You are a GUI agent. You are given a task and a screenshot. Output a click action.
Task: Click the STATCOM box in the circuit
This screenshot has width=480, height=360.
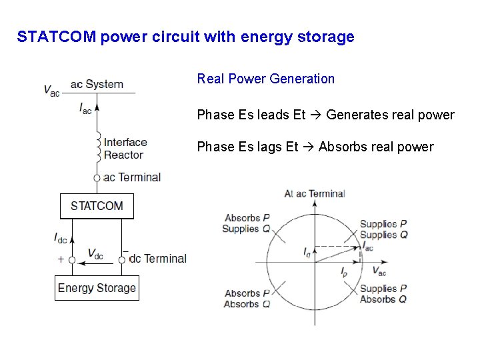(x=97, y=205)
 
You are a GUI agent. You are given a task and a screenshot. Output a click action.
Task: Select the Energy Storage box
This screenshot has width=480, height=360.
(x=97, y=288)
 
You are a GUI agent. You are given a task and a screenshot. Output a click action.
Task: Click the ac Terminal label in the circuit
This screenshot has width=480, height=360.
(x=132, y=177)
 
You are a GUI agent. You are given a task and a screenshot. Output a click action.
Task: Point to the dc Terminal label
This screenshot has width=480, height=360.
(x=157, y=259)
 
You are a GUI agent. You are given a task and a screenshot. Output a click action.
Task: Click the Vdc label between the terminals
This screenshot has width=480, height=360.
(x=95, y=254)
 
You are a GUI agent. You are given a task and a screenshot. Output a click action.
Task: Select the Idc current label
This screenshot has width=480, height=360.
(x=60, y=237)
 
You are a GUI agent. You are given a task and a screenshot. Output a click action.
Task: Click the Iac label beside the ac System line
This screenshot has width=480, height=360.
(x=85, y=108)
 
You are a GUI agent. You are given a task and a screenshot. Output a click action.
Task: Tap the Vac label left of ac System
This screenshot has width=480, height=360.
(x=51, y=90)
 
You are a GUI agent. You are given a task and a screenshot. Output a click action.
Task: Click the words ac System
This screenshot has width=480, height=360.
(x=97, y=84)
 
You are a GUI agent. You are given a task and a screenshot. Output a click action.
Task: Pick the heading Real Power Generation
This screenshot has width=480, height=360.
(x=265, y=79)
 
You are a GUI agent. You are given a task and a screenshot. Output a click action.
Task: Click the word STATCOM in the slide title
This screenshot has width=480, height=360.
(x=58, y=37)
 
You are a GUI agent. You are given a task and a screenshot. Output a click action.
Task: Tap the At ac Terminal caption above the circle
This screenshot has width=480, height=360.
(x=314, y=193)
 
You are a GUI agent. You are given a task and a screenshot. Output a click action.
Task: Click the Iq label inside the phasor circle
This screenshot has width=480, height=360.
(x=307, y=252)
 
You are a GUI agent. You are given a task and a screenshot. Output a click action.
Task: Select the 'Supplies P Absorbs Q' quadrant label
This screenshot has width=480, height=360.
(x=383, y=294)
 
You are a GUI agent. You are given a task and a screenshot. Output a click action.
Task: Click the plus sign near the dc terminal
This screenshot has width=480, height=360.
(x=61, y=259)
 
